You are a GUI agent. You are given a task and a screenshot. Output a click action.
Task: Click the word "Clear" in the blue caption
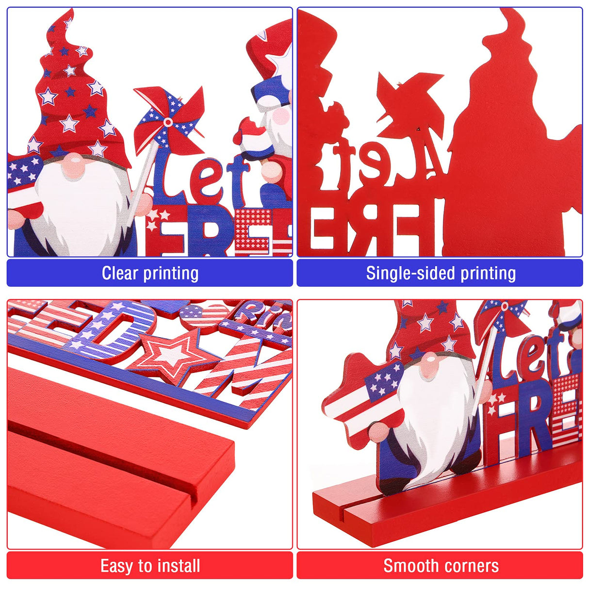(x=119, y=273)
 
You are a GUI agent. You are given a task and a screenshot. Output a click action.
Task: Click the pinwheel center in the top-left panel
(x=168, y=121)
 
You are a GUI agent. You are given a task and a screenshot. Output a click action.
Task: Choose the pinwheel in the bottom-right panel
(x=502, y=318)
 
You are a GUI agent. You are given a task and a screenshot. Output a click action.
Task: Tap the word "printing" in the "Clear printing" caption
(x=171, y=273)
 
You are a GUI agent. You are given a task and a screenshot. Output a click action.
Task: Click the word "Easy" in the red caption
(x=117, y=566)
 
